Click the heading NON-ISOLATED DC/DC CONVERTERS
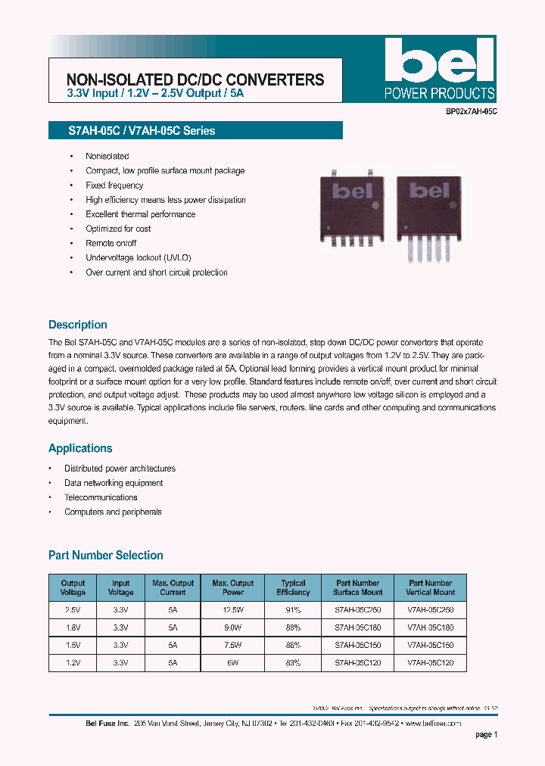click(x=195, y=79)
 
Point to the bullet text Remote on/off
click(x=111, y=243)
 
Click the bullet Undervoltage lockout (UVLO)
click(x=139, y=258)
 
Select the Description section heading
click(x=78, y=325)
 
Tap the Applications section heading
click(x=80, y=448)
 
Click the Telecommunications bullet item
click(x=101, y=497)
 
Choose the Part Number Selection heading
click(x=106, y=556)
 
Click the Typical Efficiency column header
click(x=293, y=587)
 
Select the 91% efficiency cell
click(x=293, y=609)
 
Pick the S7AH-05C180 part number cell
click(x=358, y=627)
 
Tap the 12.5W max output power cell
click(x=232, y=609)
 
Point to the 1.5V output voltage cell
click(x=73, y=645)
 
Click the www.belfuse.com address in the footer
click(x=433, y=724)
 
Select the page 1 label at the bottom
click(x=486, y=734)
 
